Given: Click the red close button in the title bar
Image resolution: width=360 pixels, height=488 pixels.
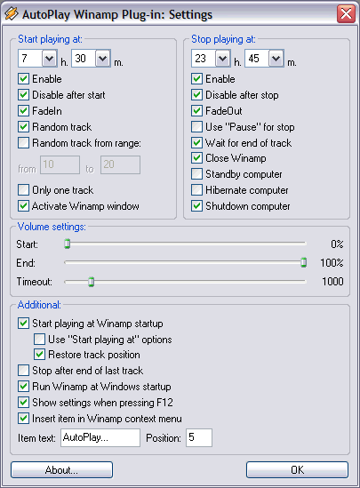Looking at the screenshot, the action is [346, 13].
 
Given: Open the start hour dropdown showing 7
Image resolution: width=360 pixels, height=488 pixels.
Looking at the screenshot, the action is [49, 58].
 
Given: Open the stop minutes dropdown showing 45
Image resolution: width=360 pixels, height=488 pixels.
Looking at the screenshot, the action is [276, 58].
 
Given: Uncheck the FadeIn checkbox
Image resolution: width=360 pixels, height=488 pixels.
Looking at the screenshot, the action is [24, 111].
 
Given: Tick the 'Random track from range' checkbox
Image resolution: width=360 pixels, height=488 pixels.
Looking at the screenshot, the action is [24, 143].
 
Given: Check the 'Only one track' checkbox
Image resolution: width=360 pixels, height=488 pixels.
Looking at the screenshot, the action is [24, 190].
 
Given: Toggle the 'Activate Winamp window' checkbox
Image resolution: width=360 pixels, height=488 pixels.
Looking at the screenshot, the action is [24, 206].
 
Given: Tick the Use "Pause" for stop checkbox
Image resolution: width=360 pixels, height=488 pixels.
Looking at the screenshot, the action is [197, 127].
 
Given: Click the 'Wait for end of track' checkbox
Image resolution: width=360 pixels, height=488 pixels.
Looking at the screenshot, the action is [197, 143].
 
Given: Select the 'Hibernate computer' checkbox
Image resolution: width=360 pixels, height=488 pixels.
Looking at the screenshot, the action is [197, 190].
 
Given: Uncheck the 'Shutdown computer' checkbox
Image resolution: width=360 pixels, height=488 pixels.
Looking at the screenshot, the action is [197, 206].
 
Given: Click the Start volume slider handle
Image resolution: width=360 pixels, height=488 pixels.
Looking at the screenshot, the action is [68, 244].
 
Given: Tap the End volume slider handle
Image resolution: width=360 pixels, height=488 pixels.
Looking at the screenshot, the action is [304, 262].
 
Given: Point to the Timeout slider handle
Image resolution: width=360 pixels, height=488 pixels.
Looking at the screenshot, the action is [92, 282].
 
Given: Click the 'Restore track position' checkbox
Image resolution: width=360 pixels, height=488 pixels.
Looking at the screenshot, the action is [39, 355].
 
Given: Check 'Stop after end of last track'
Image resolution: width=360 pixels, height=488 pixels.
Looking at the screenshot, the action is [24, 371].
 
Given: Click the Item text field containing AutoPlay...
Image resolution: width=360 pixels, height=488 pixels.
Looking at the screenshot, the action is [100, 437].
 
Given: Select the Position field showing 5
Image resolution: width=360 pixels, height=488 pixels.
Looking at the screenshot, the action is [199, 437].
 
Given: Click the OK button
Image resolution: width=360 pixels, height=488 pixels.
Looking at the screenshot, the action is [297, 469].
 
